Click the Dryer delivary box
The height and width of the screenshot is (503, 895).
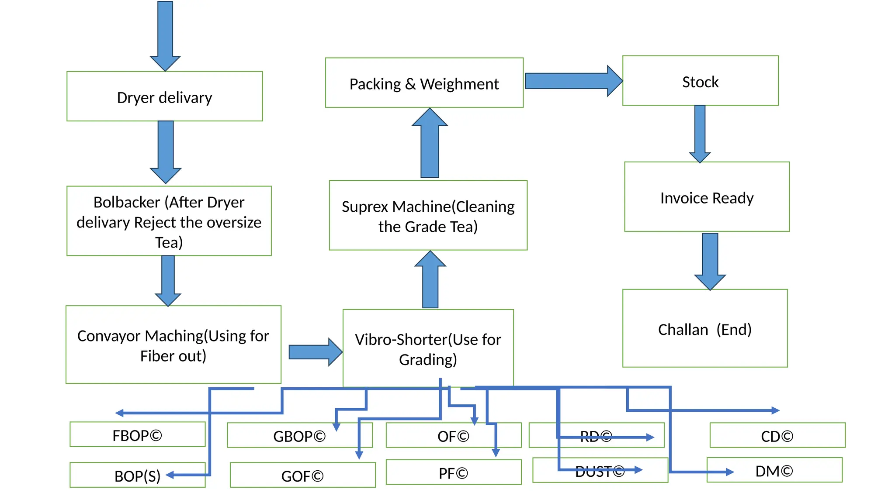point(164,96)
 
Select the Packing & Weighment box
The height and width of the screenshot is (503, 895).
point(424,83)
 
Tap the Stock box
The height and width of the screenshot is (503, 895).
point(700,81)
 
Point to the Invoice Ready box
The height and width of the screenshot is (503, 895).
point(707,197)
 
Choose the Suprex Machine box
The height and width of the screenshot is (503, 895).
point(428,216)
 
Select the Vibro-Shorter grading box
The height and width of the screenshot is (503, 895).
point(428,348)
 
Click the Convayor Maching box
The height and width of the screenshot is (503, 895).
point(173,345)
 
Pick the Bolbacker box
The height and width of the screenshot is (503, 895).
point(169,221)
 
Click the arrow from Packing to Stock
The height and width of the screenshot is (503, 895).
point(572,81)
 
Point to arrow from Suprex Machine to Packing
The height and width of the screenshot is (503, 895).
point(430,144)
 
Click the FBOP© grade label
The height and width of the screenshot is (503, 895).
point(137,435)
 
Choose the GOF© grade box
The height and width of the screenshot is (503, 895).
point(302,475)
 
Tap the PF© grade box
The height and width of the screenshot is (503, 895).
point(453,472)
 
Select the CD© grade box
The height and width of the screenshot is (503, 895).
point(777,435)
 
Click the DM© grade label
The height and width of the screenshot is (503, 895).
point(774,470)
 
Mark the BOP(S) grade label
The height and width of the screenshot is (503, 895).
point(137,475)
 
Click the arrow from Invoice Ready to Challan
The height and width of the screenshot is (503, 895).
point(710,260)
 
